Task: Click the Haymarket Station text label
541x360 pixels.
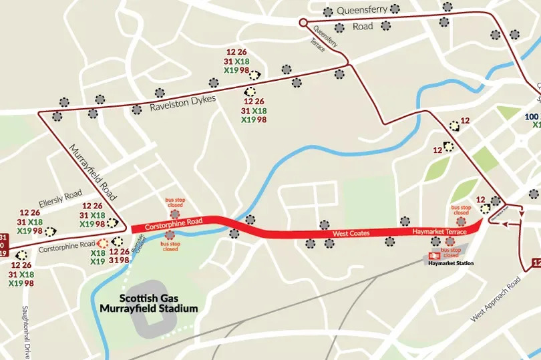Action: (451, 264)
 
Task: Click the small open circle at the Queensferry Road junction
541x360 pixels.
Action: (303, 23)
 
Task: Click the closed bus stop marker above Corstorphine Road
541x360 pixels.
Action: (175, 214)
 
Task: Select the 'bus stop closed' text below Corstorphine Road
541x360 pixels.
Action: (170, 246)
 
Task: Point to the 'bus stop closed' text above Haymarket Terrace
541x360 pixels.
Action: (461, 210)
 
